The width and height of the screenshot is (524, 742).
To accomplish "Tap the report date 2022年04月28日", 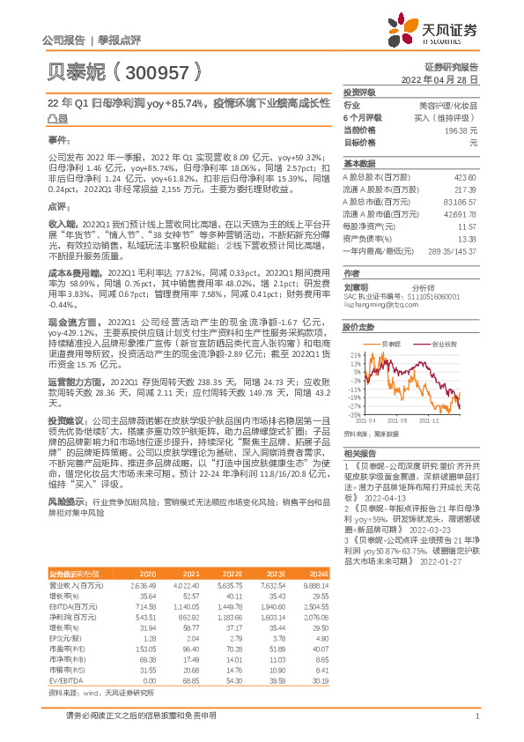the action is coord(445,78).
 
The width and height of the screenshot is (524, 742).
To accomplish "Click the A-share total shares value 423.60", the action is coord(465,176).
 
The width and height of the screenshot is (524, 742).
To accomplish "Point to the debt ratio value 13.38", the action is coord(467,238).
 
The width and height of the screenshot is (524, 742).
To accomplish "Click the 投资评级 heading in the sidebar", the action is coord(360,92).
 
